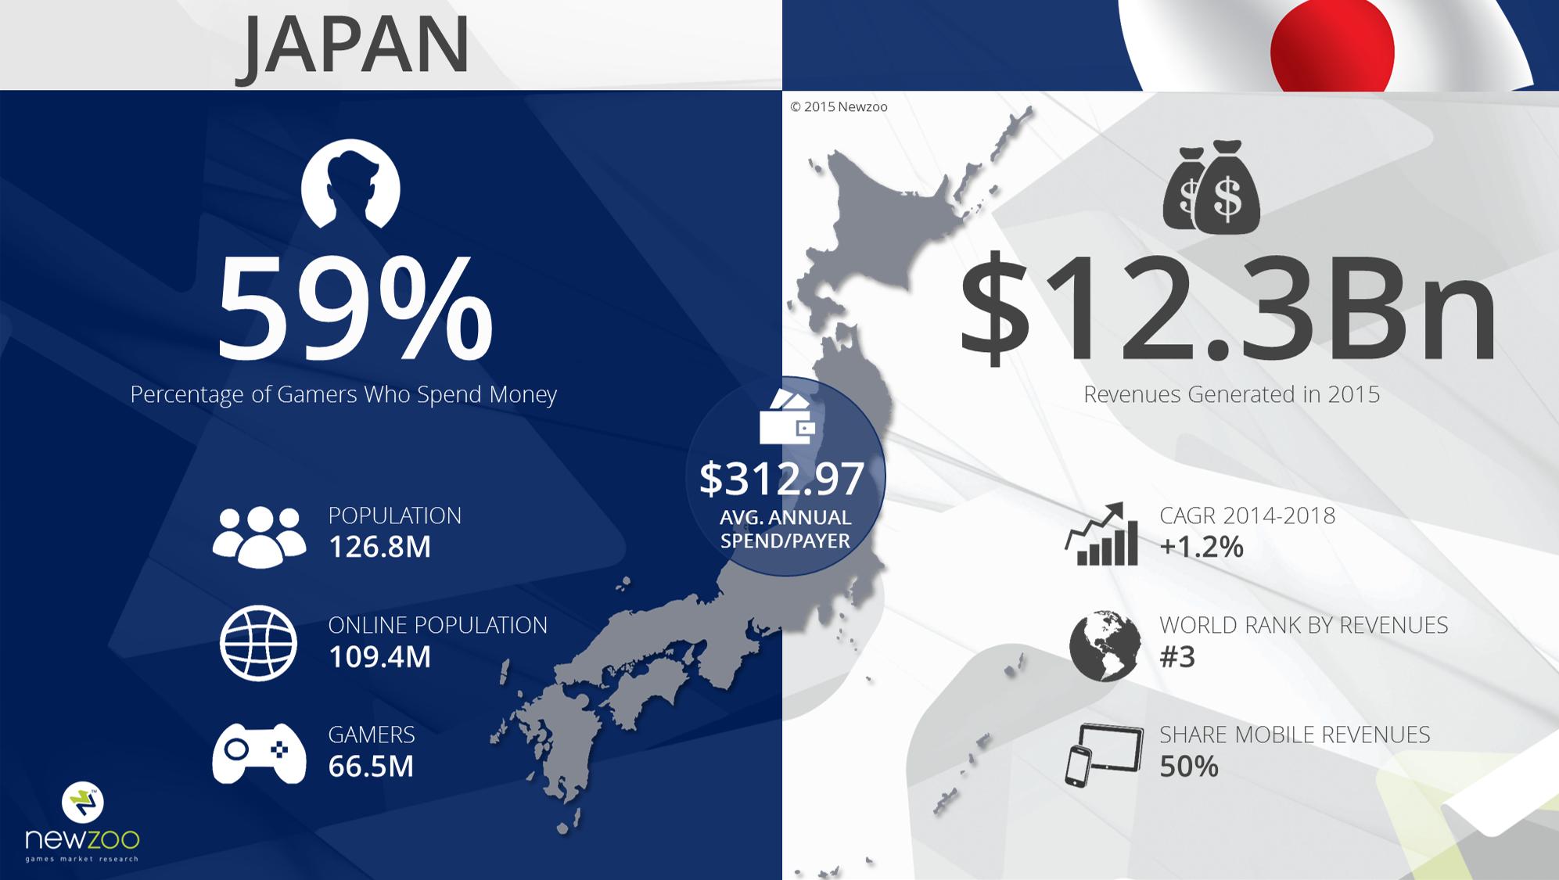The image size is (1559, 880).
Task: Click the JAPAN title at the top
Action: click(353, 45)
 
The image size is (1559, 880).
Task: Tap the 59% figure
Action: click(354, 310)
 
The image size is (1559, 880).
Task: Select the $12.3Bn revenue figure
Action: click(1228, 310)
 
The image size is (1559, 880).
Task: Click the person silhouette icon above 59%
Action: click(350, 185)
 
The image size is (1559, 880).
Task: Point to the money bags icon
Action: click(1211, 188)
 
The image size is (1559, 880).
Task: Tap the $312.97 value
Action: click(782, 479)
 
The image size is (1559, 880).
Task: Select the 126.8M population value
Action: click(379, 547)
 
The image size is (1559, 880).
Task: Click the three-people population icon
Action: click(259, 536)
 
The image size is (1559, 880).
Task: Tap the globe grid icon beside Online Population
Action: click(259, 643)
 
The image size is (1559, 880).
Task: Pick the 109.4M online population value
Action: click(379, 657)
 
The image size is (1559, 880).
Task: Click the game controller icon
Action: click(259, 752)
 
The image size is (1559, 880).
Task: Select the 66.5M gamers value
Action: click(371, 766)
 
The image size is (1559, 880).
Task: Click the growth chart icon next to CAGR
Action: click(1101, 534)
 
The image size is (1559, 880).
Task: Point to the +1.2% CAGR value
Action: click(1202, 547)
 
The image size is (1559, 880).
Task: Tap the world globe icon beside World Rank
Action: click(1105, 646)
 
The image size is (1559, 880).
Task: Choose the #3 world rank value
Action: click(1177, 657)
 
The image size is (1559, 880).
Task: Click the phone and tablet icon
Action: click(1104, 755)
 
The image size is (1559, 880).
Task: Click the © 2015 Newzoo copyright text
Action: click(839, 107)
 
